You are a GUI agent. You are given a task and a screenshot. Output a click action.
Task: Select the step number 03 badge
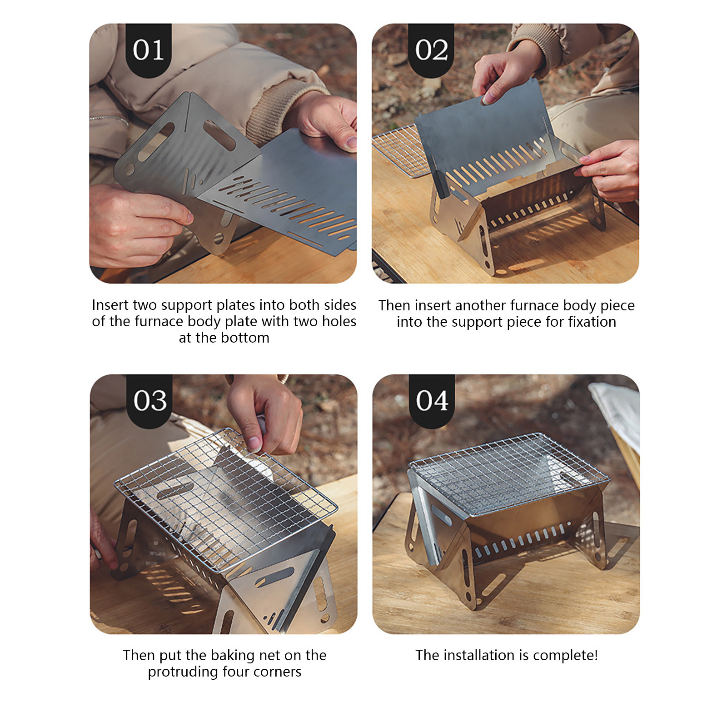coord(149,400)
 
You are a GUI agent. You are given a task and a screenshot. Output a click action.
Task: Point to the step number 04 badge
coord(432,400)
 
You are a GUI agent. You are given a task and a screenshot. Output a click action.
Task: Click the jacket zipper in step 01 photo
coord(109,120)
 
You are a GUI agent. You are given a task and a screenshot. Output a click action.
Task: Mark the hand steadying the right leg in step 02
coord(611,170)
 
